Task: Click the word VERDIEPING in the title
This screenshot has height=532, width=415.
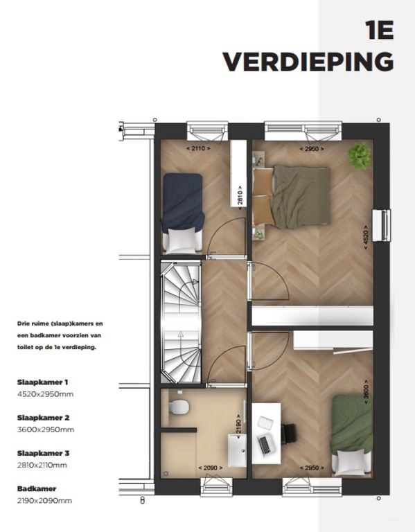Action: [x=308, y=62]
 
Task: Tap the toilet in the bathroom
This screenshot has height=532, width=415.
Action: [x=178, y=407]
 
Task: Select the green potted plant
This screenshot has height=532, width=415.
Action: [x=360, y=156]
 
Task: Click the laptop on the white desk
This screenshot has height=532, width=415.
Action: [x=265, y=445]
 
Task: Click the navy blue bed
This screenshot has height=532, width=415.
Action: [x=183, y=213]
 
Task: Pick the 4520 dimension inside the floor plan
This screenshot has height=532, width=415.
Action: [x=365, y=237]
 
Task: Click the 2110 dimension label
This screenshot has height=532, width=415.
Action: [x=199, y=148]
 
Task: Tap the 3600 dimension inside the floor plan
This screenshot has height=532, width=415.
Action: [x=366, y=391]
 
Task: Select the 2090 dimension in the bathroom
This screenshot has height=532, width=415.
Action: [x=211, y=468]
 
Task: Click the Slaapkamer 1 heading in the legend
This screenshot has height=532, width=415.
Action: [x=43, y=382]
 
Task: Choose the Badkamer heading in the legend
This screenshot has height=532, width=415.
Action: [x=37, y=489]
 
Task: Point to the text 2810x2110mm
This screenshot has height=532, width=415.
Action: [x=42, y=465]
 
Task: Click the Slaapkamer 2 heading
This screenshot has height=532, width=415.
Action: [x=44, y=418]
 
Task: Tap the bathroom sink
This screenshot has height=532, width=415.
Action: [x=237, y=450]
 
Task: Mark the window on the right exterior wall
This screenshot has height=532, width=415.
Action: [x=382, y=225]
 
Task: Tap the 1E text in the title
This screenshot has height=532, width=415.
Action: [x=380, y=30]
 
